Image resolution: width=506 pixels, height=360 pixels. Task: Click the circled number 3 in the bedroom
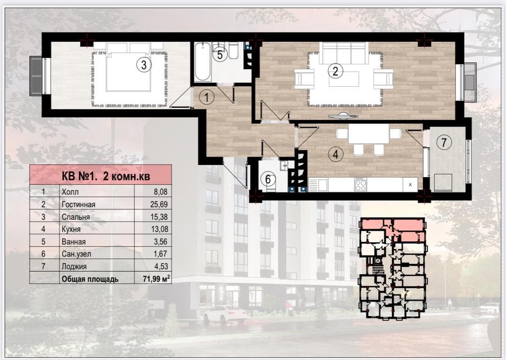(144, 65)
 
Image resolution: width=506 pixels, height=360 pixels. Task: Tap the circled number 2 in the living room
(335, 71)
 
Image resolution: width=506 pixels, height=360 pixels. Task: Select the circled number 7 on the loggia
(444, 142)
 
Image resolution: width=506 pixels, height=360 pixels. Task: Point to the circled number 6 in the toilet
(268, 179)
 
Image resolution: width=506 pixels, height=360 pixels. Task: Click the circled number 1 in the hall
(207, 97)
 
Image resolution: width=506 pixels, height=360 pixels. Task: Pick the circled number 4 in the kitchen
(335, 154)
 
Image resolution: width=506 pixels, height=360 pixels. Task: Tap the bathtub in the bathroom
(203, 61)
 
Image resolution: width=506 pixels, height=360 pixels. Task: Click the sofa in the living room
(344, 53)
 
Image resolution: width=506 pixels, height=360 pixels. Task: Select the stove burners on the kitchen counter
(360, 184)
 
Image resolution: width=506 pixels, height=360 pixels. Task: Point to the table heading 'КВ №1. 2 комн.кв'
(106, 176)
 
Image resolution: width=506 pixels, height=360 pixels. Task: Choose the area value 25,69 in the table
(159, 204)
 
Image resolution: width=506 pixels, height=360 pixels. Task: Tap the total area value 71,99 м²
(156, 278)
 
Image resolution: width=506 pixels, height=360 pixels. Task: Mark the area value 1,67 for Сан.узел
(160, 254)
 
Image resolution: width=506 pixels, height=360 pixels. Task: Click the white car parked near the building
(224, 313)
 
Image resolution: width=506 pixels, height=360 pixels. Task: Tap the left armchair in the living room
(305, 79)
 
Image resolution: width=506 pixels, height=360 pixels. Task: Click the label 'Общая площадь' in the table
(89, 279)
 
